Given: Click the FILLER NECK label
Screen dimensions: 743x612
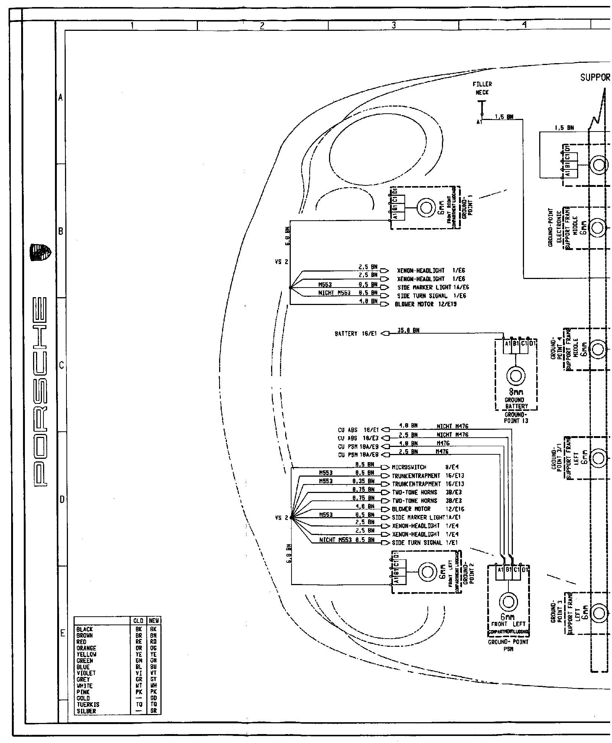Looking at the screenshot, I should (482, 88).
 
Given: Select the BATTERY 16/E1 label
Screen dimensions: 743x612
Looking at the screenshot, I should (355, 334).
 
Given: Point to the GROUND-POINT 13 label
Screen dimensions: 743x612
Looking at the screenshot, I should (515, 418).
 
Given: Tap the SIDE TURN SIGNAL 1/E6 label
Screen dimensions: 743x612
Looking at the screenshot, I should (432, 296).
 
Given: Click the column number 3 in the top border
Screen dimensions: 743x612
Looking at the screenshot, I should (394, 26).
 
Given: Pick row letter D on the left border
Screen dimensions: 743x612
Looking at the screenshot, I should (62, 500).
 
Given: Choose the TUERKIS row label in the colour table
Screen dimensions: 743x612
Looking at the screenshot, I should (88, 704).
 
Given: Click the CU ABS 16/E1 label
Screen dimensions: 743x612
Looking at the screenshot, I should (358, 430).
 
